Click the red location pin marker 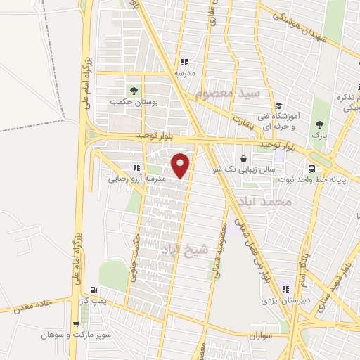point(181,165)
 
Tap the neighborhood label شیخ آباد point(186,248)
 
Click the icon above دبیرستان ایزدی point(285,289)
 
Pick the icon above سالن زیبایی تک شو point(243,158)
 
